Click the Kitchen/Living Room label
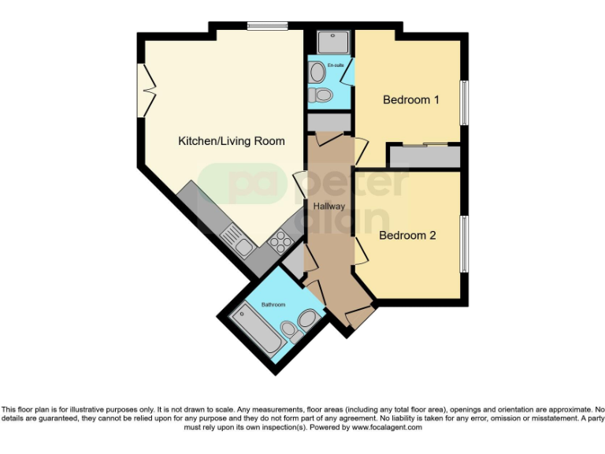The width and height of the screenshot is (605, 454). pos(231,141)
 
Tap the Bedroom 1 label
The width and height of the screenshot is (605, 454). pos(410,100)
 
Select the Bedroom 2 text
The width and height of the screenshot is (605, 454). pos(407,235)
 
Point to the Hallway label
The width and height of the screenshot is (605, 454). pos(328,206)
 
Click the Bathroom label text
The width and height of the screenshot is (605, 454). pos(273,304)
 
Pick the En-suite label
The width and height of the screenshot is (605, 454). pos(336,65)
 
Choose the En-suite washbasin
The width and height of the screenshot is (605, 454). pos(316,73)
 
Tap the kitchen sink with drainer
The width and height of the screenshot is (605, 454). pos(238,240)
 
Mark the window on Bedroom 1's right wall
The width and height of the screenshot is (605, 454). pos(465,102)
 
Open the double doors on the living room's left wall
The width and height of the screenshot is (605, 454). pos(144,90)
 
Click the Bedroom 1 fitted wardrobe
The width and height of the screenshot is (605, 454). pos(425,156)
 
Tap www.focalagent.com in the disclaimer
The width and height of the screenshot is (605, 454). pos(386,427)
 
